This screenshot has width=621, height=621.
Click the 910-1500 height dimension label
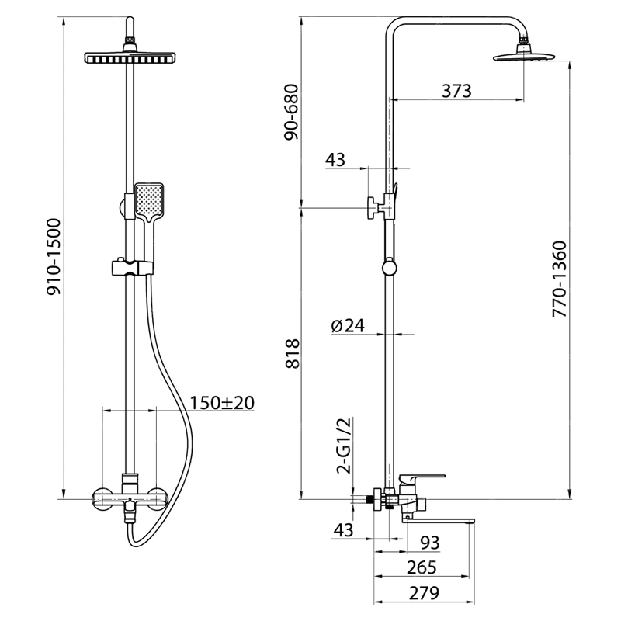coord(54,257)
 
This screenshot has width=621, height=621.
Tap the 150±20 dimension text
coord(222,403)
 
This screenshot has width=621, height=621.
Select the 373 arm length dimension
coord(456,91)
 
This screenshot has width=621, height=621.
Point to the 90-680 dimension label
coord(291,112)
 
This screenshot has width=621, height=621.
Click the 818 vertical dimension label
coord(293,354)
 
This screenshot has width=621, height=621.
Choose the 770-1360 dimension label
coord(560,279)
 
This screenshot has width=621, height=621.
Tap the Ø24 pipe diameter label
coord(348,325)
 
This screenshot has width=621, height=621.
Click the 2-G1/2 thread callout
coord(343,446)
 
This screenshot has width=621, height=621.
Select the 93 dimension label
coord(430,543)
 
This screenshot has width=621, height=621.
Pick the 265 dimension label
coord(422,567)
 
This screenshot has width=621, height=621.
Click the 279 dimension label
coord(424,593)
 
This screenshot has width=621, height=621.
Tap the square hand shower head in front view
coord(149,202)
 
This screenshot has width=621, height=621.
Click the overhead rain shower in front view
coord(130,57)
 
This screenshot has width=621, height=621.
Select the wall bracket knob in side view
coord(373,207)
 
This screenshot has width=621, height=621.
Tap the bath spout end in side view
coord(471,521)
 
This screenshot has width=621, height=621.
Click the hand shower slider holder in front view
coord(132,267)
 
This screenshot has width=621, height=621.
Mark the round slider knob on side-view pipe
coord(390,268)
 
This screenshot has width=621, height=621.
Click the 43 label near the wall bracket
coord(335,160)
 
